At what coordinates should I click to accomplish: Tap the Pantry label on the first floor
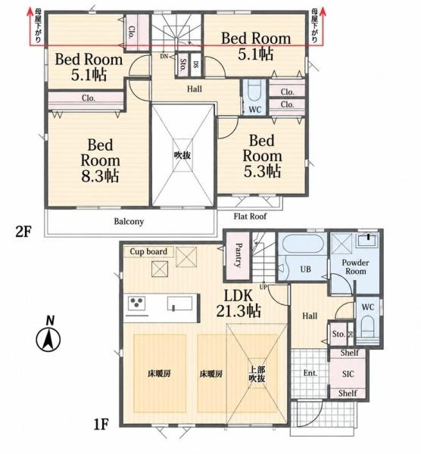(238, 255)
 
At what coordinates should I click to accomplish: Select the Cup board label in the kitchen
(148, 252)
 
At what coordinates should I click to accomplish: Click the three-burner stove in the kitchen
(136, 304)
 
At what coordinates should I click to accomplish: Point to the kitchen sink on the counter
(179, 304)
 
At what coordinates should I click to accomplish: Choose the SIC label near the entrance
(348, 374)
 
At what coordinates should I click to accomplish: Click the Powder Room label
(356, 267)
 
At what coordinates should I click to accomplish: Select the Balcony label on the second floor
(129, 222)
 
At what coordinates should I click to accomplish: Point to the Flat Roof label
(250, 216)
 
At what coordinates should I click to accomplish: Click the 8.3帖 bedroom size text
(100, 176)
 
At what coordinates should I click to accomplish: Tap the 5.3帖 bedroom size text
(262, 171)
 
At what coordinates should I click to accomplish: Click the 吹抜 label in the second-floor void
(182, 155)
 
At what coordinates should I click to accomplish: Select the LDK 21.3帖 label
(239, 303)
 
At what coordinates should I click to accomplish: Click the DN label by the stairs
(164, 56)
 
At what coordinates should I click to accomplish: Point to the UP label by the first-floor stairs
(264, 288)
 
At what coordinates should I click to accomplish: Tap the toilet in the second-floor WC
(255, 91)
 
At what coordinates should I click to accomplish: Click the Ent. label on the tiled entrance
(310, 373)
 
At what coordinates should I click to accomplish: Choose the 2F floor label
(23, 232)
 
